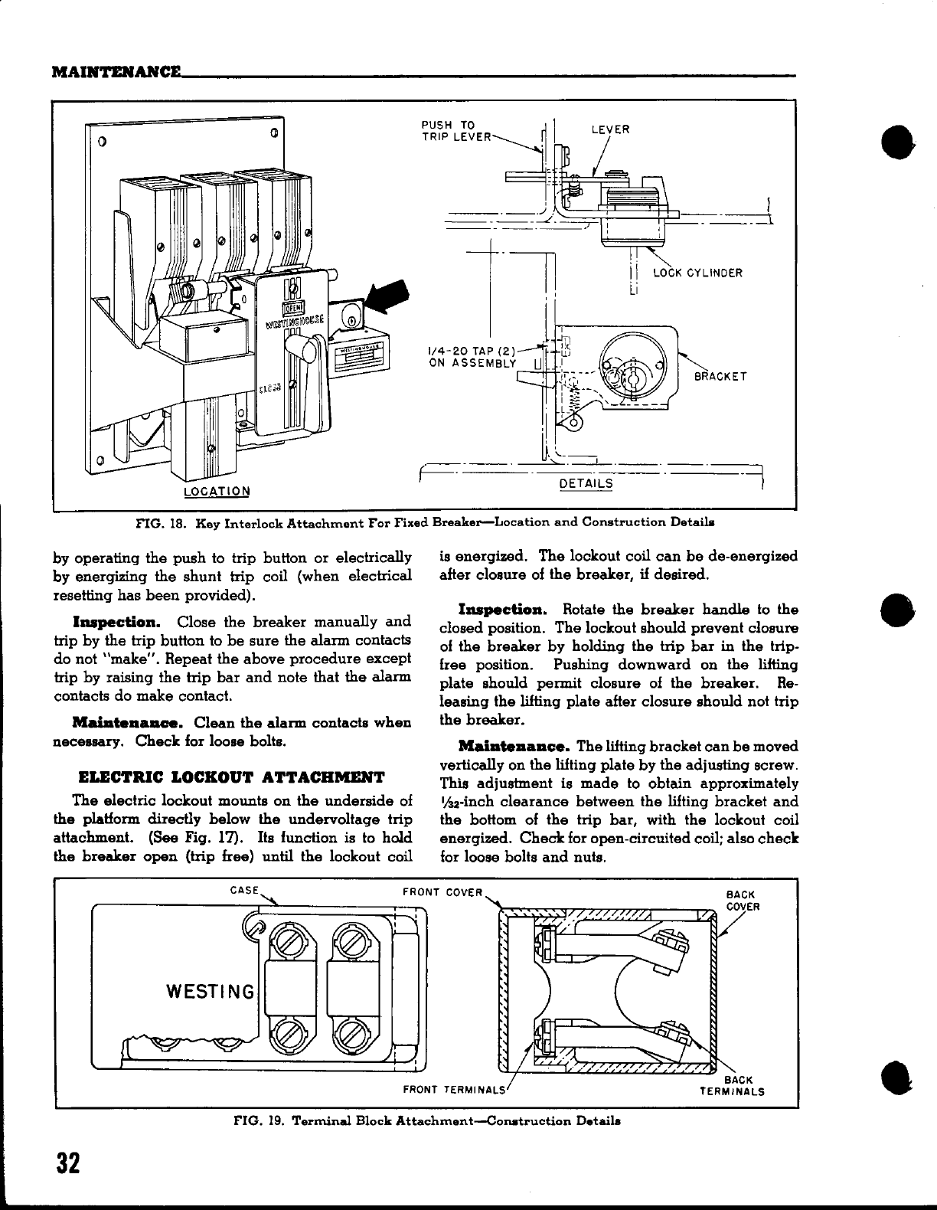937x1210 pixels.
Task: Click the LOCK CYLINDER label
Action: click(x=697, y=273)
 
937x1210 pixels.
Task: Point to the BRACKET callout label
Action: click(x=720, y=376)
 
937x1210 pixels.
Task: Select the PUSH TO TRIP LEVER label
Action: click(x=456, y=132)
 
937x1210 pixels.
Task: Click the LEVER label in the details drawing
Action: click(x=610, y=129)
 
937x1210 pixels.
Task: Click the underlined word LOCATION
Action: click(x=218, y=490)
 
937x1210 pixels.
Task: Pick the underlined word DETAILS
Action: click(x=586, y=483)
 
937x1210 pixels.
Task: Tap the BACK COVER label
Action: click(x=740, y=901)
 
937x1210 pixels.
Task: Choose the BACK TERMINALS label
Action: click(x=732, y=1087)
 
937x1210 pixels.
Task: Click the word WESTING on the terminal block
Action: click(x=210, y=993)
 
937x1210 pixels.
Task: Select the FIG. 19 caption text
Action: click(x=426, y=1120)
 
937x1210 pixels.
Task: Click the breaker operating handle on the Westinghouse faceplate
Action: click(x=308, y=354)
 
